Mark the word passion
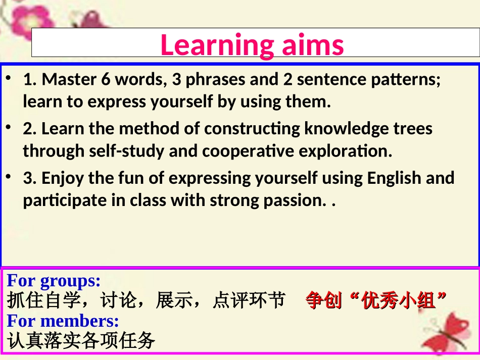[294, 200]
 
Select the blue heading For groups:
[54, 281]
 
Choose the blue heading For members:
[63, 321]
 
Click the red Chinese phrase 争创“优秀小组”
[376, 301]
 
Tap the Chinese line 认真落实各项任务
[81, 341]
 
